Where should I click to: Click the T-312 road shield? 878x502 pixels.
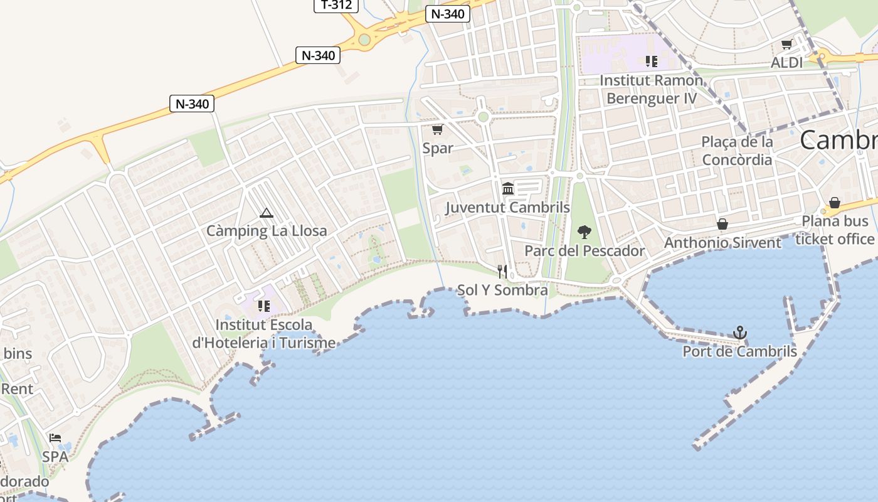(336, 5)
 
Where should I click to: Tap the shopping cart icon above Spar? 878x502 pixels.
(437, 130)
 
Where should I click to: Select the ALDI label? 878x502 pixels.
(786, 63)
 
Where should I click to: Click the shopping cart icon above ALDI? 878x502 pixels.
(786, 45)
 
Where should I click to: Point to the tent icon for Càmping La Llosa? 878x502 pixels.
(267, 213)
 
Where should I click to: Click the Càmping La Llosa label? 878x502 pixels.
(267, 231)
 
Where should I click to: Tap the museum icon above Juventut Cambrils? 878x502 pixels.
(508, 188)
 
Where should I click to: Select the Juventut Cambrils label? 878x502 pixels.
(508, 207)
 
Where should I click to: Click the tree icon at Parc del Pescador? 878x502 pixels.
(584, 232)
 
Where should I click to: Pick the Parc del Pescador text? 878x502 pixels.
(584, 251)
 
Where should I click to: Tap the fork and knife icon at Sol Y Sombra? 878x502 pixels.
(502, 271)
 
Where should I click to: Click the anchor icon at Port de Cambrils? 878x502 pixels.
(740, 333)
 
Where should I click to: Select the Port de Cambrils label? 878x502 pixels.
(740, 351)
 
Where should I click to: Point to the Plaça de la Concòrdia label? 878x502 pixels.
(737, 151)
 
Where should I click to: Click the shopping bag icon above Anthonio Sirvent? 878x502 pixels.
(722, 224)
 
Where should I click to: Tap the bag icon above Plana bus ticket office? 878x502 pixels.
(835, 203)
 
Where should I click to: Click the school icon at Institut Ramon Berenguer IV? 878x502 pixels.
(652, 61)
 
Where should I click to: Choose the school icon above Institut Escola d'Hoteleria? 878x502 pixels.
(264, 306)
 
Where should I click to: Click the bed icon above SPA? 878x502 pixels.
(55, 438)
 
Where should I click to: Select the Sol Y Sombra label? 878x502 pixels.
(502, 290)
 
